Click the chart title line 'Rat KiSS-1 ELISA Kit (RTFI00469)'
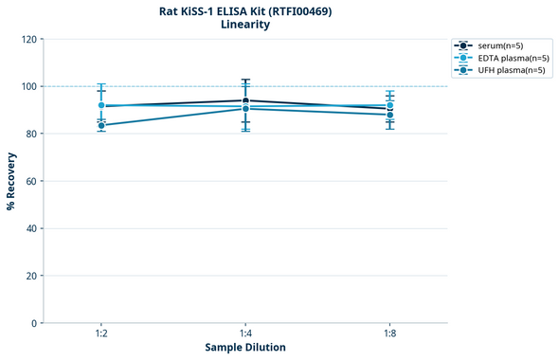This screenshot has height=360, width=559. point(245,10)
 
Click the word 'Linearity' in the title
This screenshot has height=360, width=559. point(245,25)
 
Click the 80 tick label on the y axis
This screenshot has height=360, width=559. point(31,134)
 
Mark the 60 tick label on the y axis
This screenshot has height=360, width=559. point(31,181)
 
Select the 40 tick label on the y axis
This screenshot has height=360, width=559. point(31,228)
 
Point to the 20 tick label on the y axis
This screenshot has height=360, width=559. point(31,276)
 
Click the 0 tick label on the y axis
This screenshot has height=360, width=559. point(34,323)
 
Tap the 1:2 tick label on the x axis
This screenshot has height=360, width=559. point(101,334)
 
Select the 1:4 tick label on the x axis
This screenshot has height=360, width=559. point(245,334)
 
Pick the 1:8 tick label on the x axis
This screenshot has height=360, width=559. point(390,334)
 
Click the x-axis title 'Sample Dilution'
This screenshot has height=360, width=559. point(245,348)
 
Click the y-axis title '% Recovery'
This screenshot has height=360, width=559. point(11,181)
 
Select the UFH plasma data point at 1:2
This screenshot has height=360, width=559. point(101,125)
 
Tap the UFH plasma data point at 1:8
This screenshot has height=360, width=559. point(390,115)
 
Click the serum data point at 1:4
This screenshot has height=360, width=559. point(245,100)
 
